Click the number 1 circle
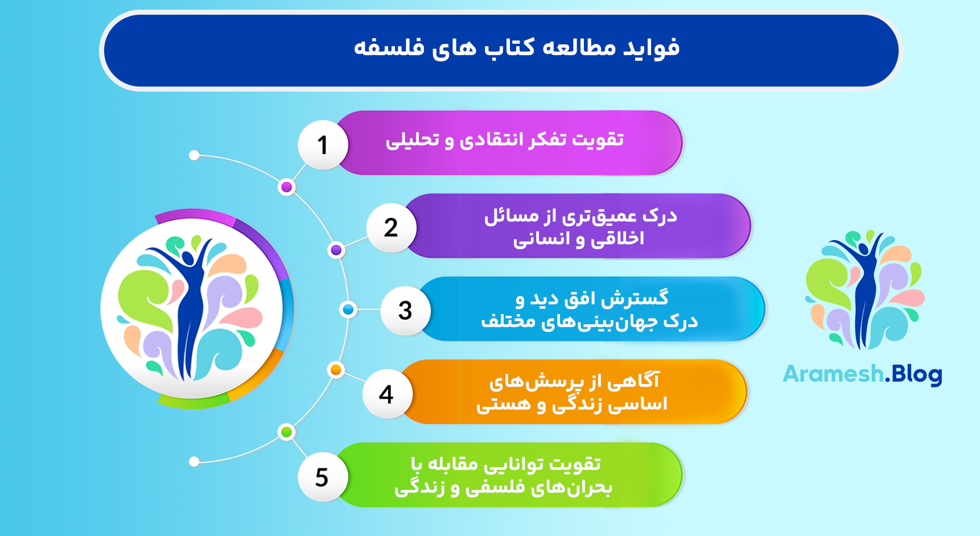[323, 145]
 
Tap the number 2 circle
[391, 228]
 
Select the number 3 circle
[405, 311]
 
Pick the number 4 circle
[386, 394]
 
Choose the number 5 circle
[322, 477]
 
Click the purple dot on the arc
[336, 250]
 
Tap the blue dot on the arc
[348, 310]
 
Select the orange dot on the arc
[336, 370]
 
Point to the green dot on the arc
[287, 432]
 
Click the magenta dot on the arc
[287, 187]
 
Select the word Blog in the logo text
[917, 374]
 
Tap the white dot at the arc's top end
[194, 155]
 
